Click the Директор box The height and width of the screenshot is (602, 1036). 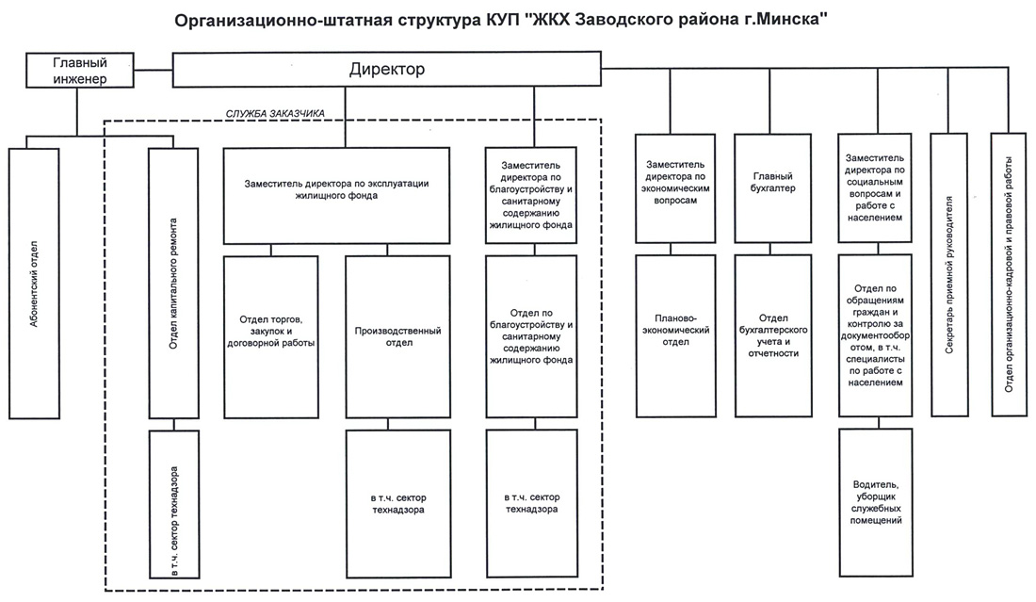[386, 70]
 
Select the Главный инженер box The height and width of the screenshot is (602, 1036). [80, 71]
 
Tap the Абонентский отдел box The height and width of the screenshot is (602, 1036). [34, 284]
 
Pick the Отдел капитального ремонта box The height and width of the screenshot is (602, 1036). [174, 284]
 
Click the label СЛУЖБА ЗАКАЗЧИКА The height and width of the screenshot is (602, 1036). [276, 114]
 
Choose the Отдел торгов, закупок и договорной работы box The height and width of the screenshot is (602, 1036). [271, 337]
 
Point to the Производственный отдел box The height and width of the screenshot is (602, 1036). [398, 337]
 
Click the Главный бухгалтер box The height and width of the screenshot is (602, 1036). [773, 188]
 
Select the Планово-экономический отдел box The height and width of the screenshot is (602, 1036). [676, 336]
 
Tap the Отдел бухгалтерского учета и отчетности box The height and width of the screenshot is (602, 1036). [773, 336]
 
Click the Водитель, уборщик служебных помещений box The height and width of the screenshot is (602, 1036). [876, 502]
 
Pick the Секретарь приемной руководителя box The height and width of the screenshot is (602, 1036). [949, 275]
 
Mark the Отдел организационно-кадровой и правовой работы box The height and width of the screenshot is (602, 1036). [1010, 275]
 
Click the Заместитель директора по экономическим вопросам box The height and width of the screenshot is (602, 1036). [675, 188]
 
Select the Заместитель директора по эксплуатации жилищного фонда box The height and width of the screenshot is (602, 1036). [336, 196]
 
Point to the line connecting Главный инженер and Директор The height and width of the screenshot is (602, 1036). [154, 70]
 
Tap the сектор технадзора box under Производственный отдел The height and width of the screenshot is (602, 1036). [398, 503]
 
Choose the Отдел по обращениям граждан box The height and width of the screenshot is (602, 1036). [876, 335]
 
